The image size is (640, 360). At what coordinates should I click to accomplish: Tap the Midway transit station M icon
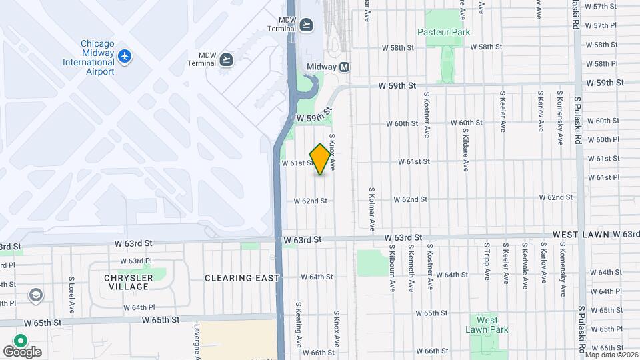pos(345,67)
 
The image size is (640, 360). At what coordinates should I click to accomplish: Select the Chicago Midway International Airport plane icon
pos(124,56)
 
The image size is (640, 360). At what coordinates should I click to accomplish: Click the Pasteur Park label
pos(443,32)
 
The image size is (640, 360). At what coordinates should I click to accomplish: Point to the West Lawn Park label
pos(487,325)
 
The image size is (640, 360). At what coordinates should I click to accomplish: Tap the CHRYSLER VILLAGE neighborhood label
pos(126,282)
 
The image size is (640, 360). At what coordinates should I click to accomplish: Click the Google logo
pos(22,351)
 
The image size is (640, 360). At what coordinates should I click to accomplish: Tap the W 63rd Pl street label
pos(136,261)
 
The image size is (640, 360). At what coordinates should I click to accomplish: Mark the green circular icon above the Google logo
pos(21,340)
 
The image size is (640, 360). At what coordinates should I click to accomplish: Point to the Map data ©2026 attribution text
pos(611,355)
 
